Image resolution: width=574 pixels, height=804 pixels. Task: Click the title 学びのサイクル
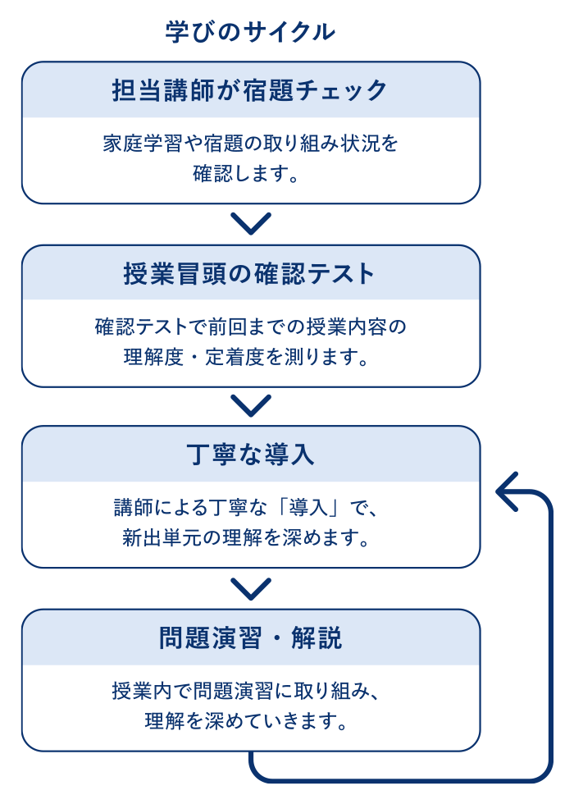tap(250, 32)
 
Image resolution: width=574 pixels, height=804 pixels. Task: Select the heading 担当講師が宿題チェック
tap(250, 90)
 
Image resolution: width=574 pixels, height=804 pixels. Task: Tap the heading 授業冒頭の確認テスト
tap(250, 273)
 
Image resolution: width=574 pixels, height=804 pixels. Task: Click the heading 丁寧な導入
tap(250, 455)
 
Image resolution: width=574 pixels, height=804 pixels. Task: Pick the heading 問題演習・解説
tap(250, 638)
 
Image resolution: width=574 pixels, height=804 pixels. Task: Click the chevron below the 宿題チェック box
tap(251, 223)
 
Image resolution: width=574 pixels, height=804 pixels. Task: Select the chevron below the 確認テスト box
tap(251, 405)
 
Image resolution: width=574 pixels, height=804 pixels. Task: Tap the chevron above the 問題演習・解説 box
tap(251, 589)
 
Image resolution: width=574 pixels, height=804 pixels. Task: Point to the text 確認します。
tap(246, 173)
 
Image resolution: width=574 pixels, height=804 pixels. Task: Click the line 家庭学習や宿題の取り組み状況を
tap(250, 144)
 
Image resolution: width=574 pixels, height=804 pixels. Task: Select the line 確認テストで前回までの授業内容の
tap(250, 327)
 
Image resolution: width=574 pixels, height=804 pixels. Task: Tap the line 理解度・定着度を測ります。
tap(247, 357)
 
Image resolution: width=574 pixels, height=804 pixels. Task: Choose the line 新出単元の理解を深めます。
tap(247, 538)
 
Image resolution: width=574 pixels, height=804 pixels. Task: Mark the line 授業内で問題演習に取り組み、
tap(246, 691)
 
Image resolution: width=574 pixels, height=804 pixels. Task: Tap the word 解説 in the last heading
tap(317, 638)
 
